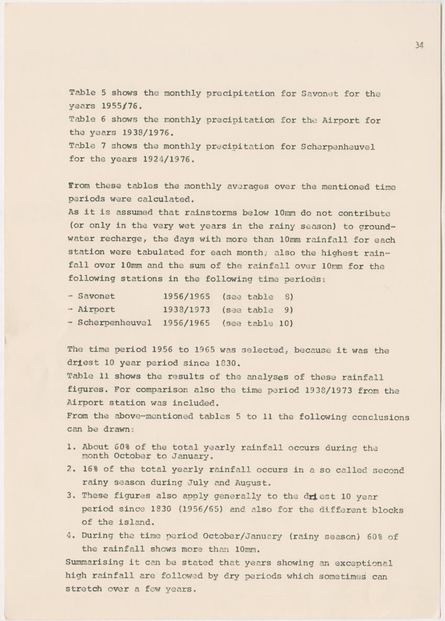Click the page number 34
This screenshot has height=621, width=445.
(419, 46)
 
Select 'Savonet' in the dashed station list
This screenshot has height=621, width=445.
(96, 297)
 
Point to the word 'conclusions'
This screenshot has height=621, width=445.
(380, 417)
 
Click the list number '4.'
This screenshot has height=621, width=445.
(72, 536)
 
